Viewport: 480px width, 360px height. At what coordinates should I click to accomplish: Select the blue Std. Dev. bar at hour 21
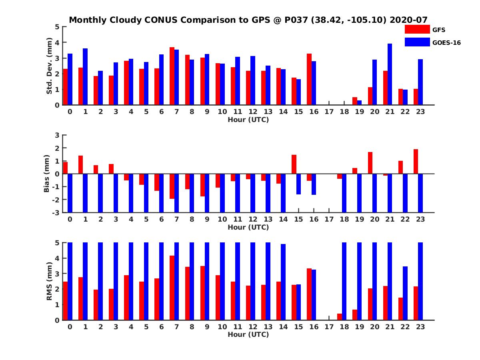pyautogui.click(x=390, y=74)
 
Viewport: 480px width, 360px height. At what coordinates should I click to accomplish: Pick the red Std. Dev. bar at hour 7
pyautogui.click(x=172, y=76)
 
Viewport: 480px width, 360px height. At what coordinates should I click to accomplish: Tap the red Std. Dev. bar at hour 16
pyautogui.click(x=309, y=79)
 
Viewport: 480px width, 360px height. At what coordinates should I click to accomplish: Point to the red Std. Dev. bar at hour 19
pyautogui.click(x=355, y=101)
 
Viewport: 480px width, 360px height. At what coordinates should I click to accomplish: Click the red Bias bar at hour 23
pyautogui.click(x=416, y=162)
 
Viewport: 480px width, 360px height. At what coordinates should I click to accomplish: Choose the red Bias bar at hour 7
pyautogui.click(x=172, y=186)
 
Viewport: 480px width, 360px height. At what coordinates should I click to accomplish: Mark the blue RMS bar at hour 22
pyautogui.click(x=405, y=293)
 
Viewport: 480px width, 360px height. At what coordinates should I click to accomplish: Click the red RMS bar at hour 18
pyautogui.click(x=340, y=317)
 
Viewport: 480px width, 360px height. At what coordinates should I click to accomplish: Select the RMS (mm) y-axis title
pyautogui.click(x=49, y=281)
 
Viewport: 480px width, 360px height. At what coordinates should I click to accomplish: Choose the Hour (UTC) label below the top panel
pyautogui.click(x=248, y=120)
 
